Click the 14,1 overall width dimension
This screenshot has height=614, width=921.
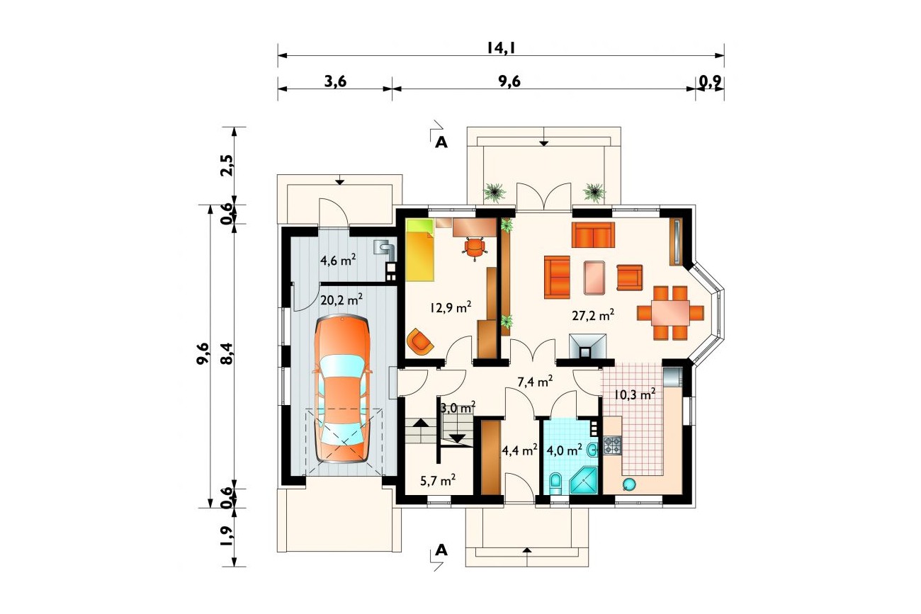coord(501,48)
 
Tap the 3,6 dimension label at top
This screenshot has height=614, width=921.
coord(336,81)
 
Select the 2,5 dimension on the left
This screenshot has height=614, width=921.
coord(227,165)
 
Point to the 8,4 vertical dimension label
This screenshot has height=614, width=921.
coord(227,354)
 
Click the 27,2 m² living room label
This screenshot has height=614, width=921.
coord(593,315)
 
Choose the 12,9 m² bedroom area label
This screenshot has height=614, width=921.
coord(451,307)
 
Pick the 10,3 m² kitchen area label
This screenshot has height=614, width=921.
coord(635,394)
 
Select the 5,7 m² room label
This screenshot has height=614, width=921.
coord(438,479)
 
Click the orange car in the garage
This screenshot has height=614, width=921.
coord(342,389)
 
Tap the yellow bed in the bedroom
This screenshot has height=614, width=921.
coord(420,250)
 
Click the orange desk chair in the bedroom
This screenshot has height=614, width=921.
coord(475,249)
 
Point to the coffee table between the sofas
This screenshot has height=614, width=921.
coord(594,278)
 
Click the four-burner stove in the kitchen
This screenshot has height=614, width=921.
coord(612,445)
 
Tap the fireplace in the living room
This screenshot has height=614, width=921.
coord(588,346)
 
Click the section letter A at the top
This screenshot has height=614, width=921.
coord(441,142)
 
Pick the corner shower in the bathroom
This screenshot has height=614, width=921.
coord(584,481)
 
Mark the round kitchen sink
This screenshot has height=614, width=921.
coord(629,484)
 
